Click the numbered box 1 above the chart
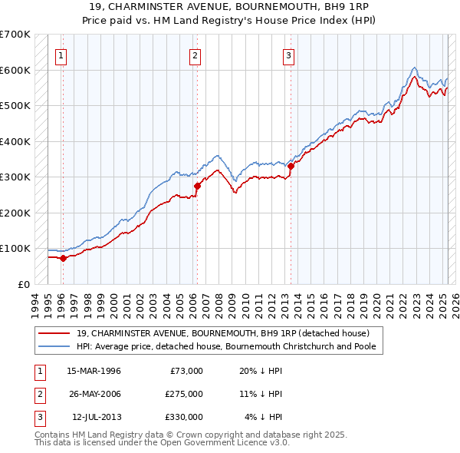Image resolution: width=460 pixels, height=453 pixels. coord(60,55)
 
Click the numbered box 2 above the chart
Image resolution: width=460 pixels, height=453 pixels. coord(195,55)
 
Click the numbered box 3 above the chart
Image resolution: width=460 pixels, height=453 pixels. coord(289,55)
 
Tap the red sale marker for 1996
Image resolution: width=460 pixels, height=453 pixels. coord(63,258)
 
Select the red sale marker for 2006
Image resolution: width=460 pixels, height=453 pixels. coord(197,186)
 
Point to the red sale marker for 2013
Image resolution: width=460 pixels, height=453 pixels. coord(291,166)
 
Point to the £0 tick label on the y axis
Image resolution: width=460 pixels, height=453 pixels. coord(23,284)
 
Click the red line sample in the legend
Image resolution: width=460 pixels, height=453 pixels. coord(54,333)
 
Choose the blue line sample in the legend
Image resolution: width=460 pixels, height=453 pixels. coord(54,346)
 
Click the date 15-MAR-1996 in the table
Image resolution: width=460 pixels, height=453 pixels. coord(94,371)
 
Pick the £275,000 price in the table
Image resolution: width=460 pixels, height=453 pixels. coord(185,394)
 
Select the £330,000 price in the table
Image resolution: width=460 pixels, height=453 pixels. coord(185,417)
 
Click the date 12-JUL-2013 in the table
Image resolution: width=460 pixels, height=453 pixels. coord(96,417)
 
